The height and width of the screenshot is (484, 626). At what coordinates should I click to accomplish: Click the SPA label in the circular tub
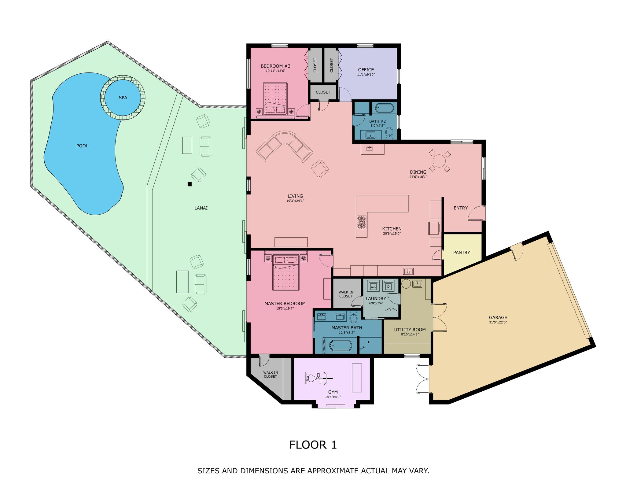(x=123, y=98)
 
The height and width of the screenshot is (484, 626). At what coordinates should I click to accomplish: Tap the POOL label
(x=82, y=146)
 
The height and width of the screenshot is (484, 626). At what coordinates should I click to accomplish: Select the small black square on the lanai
(x=190, y=184)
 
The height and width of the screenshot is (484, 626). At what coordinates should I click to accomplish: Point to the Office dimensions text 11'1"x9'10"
(x=366, y=75)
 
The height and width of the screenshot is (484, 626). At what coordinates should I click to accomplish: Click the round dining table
(x=439, y=161)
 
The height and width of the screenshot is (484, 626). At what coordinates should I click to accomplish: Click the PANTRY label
(x=462, y=253)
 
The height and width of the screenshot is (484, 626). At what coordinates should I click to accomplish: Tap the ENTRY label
(x=461, y=208)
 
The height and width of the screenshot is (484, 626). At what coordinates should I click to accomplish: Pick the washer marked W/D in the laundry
(x=374, y=285)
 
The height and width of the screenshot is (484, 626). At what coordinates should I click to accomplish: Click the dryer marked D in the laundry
(x=388, y=285)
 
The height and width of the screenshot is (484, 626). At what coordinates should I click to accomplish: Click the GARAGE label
(x=498, y=318)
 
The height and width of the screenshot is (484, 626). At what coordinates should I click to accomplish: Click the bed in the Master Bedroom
(x=286, y=271)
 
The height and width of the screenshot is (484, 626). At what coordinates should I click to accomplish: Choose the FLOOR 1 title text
(x=313, y=445)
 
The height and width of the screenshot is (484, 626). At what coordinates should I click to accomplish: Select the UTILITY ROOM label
(x=410, y=330)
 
